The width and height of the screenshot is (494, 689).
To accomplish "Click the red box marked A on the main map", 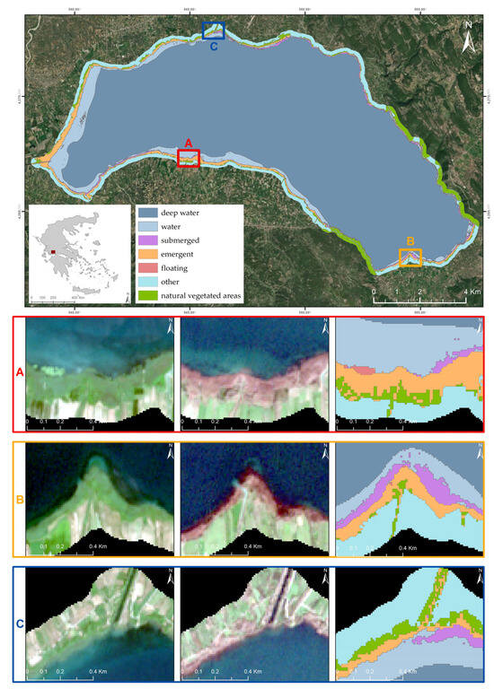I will pyautogui.click(x=189, y=159).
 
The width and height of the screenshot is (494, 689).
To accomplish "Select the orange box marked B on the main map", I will pyautogui.click(x=410, y=258).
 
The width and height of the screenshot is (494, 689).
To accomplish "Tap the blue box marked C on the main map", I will pyautogui.click(x=213, y=31).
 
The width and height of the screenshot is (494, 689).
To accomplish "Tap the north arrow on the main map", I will pyautogui.click(x=467, y=39).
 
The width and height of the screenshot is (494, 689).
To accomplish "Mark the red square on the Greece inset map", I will pyautogui.click(x=53, y=252).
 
